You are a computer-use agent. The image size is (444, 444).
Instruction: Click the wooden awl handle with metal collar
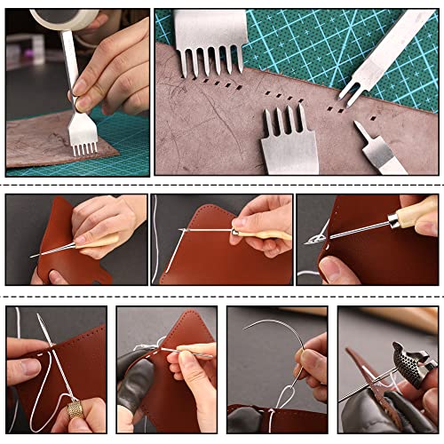(x=266, y=234)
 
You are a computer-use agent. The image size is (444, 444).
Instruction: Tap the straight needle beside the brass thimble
(x=36, y=346)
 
